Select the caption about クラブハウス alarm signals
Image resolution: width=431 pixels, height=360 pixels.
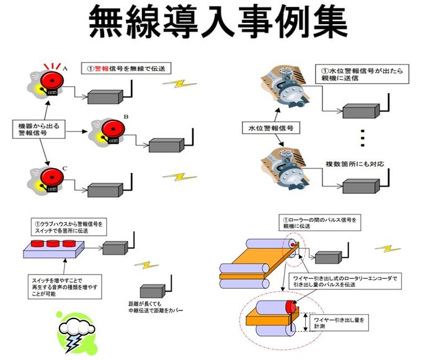click(69, 226)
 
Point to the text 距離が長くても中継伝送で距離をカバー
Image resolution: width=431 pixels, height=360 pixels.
click(159, 307)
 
